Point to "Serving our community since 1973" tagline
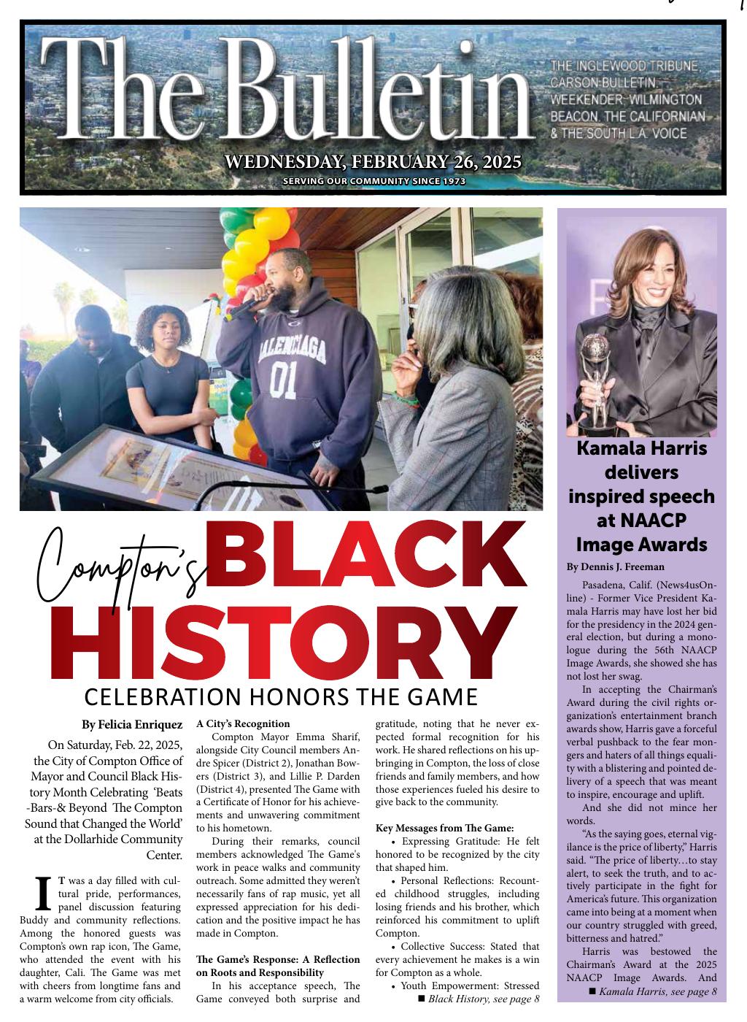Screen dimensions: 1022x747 click(373, 181)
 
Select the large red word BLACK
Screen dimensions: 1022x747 click(368, 558)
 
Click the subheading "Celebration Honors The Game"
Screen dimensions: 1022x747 click(281, 697)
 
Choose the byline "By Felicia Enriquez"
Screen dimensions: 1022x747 click(132, 725)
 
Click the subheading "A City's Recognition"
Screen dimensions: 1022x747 click(243, 724)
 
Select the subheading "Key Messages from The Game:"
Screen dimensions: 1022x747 click(445, 828)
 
